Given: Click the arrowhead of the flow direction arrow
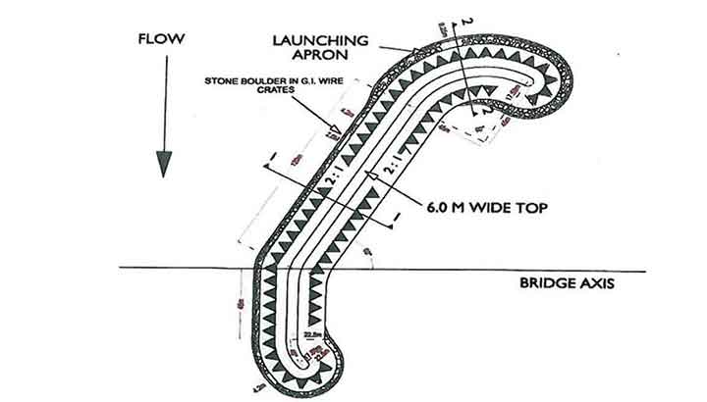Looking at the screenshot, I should pos(163,165).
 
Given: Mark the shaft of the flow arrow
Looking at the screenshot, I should pos(163,108).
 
